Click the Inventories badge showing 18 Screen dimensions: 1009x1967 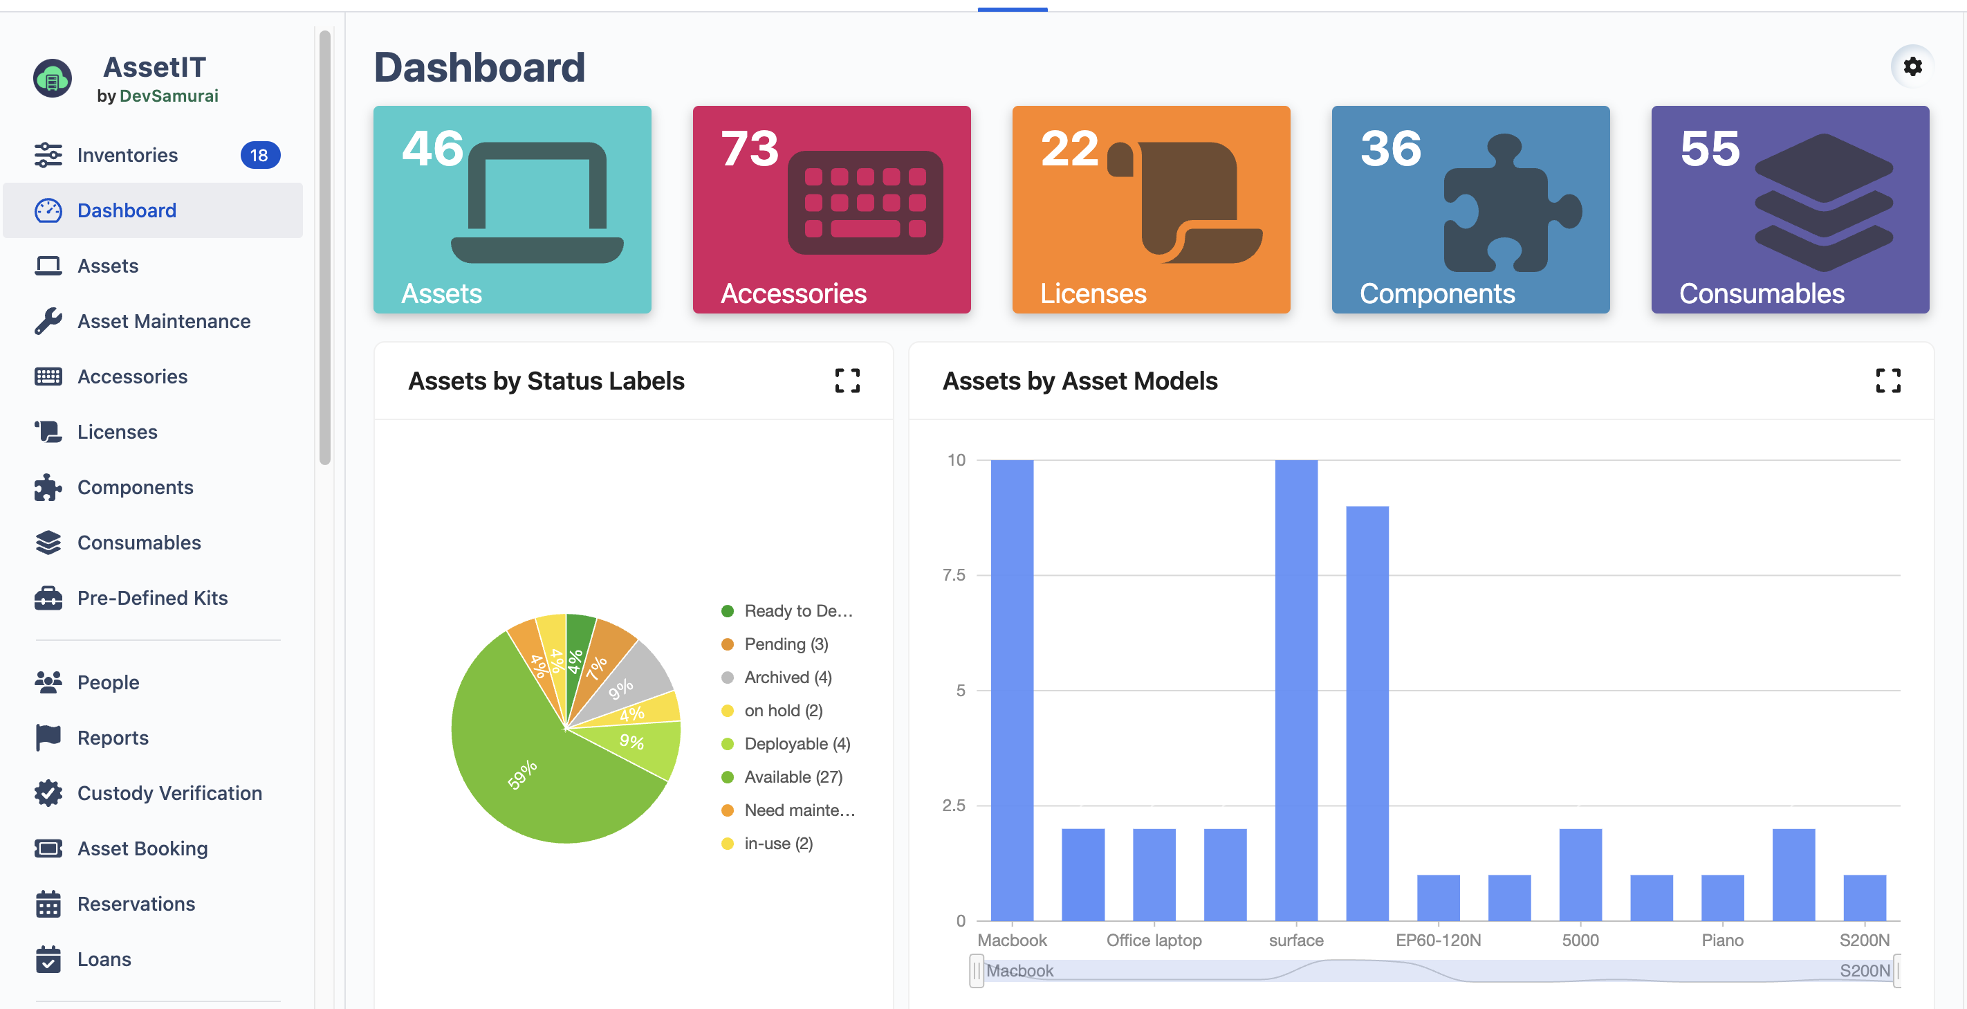[259, 155]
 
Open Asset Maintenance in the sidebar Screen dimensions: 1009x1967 [163, 322]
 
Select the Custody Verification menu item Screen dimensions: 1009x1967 [169, 793]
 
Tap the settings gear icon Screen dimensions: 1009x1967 [1912, 66]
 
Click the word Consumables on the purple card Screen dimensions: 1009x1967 [1761, 294]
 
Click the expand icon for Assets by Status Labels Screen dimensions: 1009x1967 [847, 381]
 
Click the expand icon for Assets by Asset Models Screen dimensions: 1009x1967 [1887, 381]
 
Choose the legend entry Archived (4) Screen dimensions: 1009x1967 [787, 678]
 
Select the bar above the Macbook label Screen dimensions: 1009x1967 [1012, 687]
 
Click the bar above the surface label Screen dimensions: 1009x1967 [1296, 687]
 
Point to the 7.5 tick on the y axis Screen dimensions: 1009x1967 [954, 575]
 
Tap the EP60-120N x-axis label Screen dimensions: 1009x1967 [1438, 940]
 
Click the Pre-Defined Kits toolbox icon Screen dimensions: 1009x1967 [48, 598]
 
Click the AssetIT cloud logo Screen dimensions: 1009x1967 [53, 79]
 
